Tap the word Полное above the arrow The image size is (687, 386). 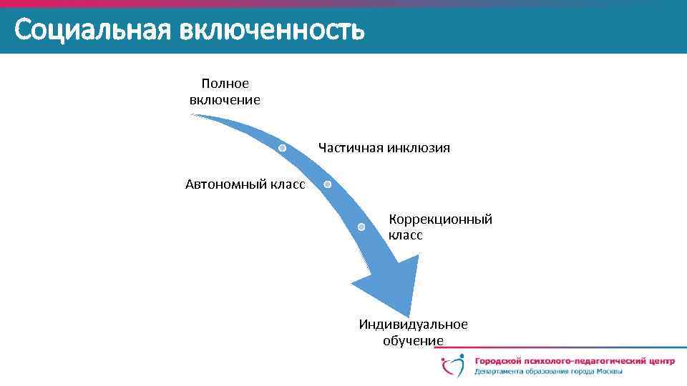point(225,84)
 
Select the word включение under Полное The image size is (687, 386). point(225,100)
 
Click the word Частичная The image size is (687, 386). point(351,148)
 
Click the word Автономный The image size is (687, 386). point(226,184)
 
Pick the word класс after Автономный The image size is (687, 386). point(288,184)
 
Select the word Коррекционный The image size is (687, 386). point(440,219)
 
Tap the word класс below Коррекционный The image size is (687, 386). point(405,234)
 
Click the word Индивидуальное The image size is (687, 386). point(413,325)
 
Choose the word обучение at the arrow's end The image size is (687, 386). point(413,340)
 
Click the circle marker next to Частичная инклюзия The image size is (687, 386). point(283,147)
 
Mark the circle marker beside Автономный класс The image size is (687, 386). point(327,184)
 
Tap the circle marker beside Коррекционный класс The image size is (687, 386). point(361,227)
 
